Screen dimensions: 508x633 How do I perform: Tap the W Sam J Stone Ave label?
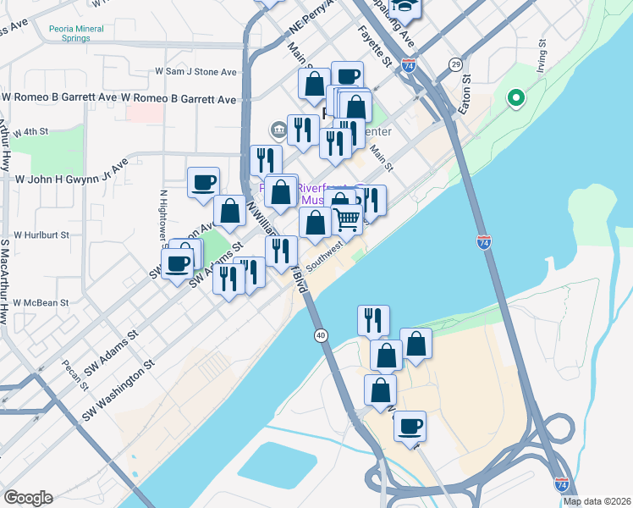pos(195,73)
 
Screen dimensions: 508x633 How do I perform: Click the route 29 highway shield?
pos(455,65)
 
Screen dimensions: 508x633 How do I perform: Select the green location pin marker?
pos(515,98)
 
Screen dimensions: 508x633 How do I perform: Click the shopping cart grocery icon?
pos(347,219)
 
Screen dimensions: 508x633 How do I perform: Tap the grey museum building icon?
pos(278,130)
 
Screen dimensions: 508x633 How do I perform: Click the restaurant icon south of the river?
pos(373,319)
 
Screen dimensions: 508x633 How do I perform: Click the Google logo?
pos(28,498)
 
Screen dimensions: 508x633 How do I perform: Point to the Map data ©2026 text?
pos(597,500)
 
